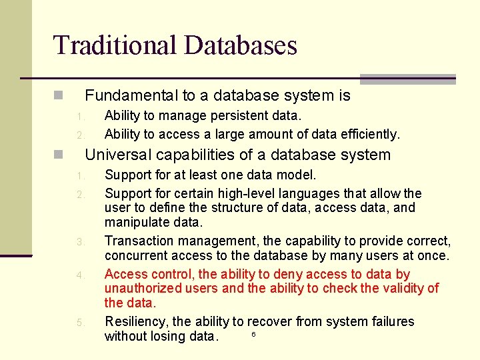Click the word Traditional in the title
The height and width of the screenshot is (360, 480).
[x=115, y=45]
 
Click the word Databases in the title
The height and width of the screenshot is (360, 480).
[x=241, y=45]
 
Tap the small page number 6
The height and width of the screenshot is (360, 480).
[x=253, y=333]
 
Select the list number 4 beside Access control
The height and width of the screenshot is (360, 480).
[x=79, y=275]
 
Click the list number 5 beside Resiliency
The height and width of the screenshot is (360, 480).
[x=79, y=323]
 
